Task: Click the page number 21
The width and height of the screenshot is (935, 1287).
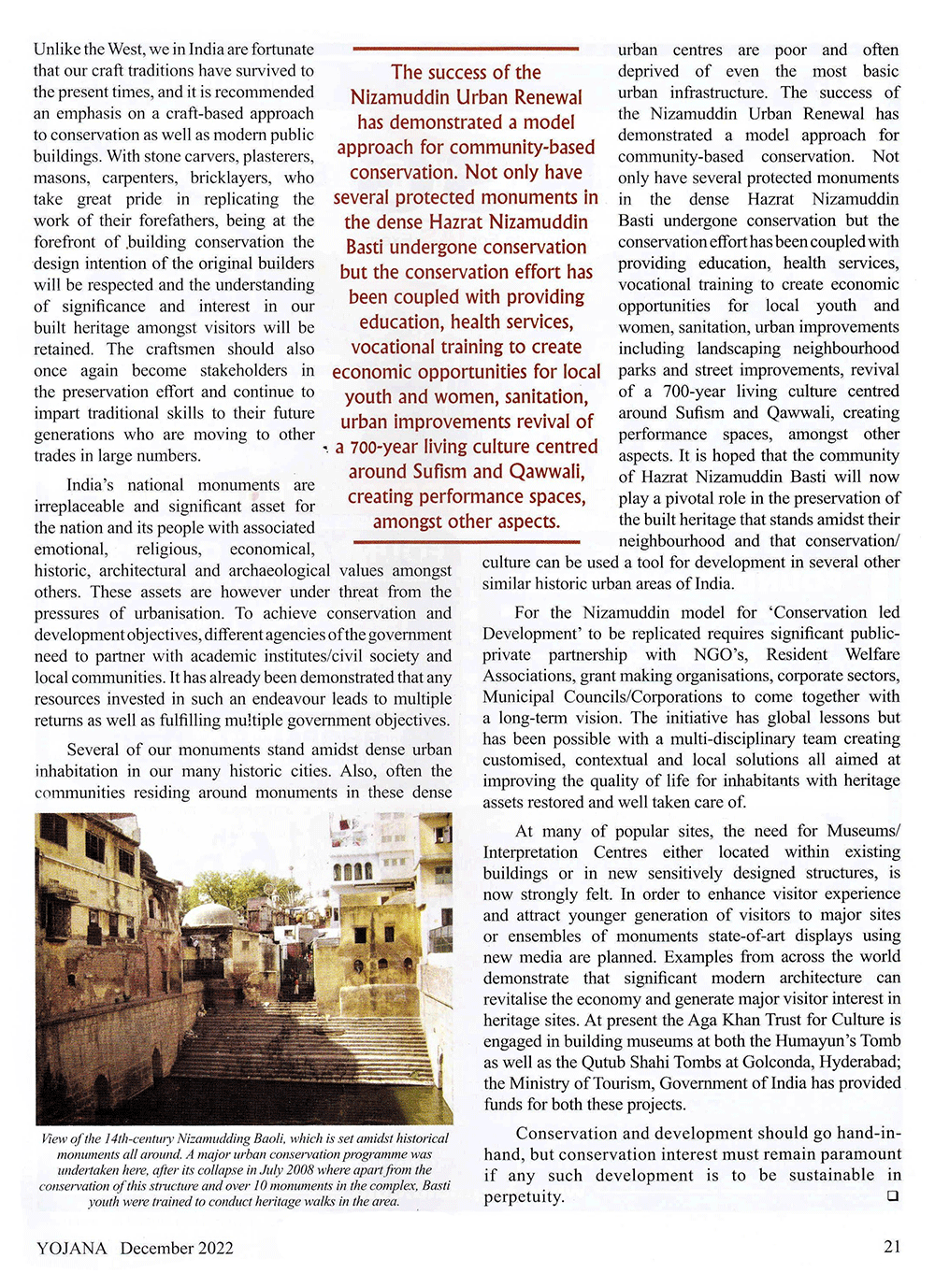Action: [x=891, y=1246]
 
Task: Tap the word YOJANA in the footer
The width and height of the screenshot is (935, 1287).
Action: [x=72, y=1248]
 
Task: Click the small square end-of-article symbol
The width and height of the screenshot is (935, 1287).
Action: [x=892, y=1196]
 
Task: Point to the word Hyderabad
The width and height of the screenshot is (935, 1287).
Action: [x=861, y=1062]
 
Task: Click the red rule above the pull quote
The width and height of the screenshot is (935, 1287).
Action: [x=466, y=49]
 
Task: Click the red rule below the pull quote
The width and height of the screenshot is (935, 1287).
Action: [x=466, y=541]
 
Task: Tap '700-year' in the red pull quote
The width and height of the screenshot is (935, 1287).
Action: [x=384, y=447]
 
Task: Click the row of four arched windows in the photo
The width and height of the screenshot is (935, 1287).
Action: [x=352, y=871]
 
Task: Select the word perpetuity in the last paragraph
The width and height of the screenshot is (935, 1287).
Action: [x=524, y=1197]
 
